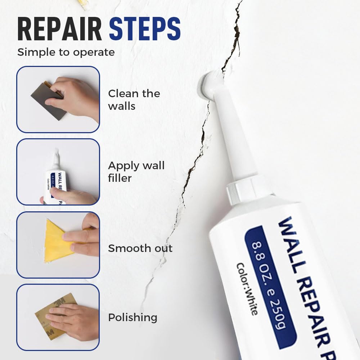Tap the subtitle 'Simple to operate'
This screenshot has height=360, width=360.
[x=66, y=52]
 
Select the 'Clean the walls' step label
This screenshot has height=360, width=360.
[x=134, y=100]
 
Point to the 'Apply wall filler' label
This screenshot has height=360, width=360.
[x=136, y=172]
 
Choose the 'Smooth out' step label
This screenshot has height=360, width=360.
[x=140, y=248]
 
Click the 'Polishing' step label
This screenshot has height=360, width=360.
[x=132, y=318]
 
